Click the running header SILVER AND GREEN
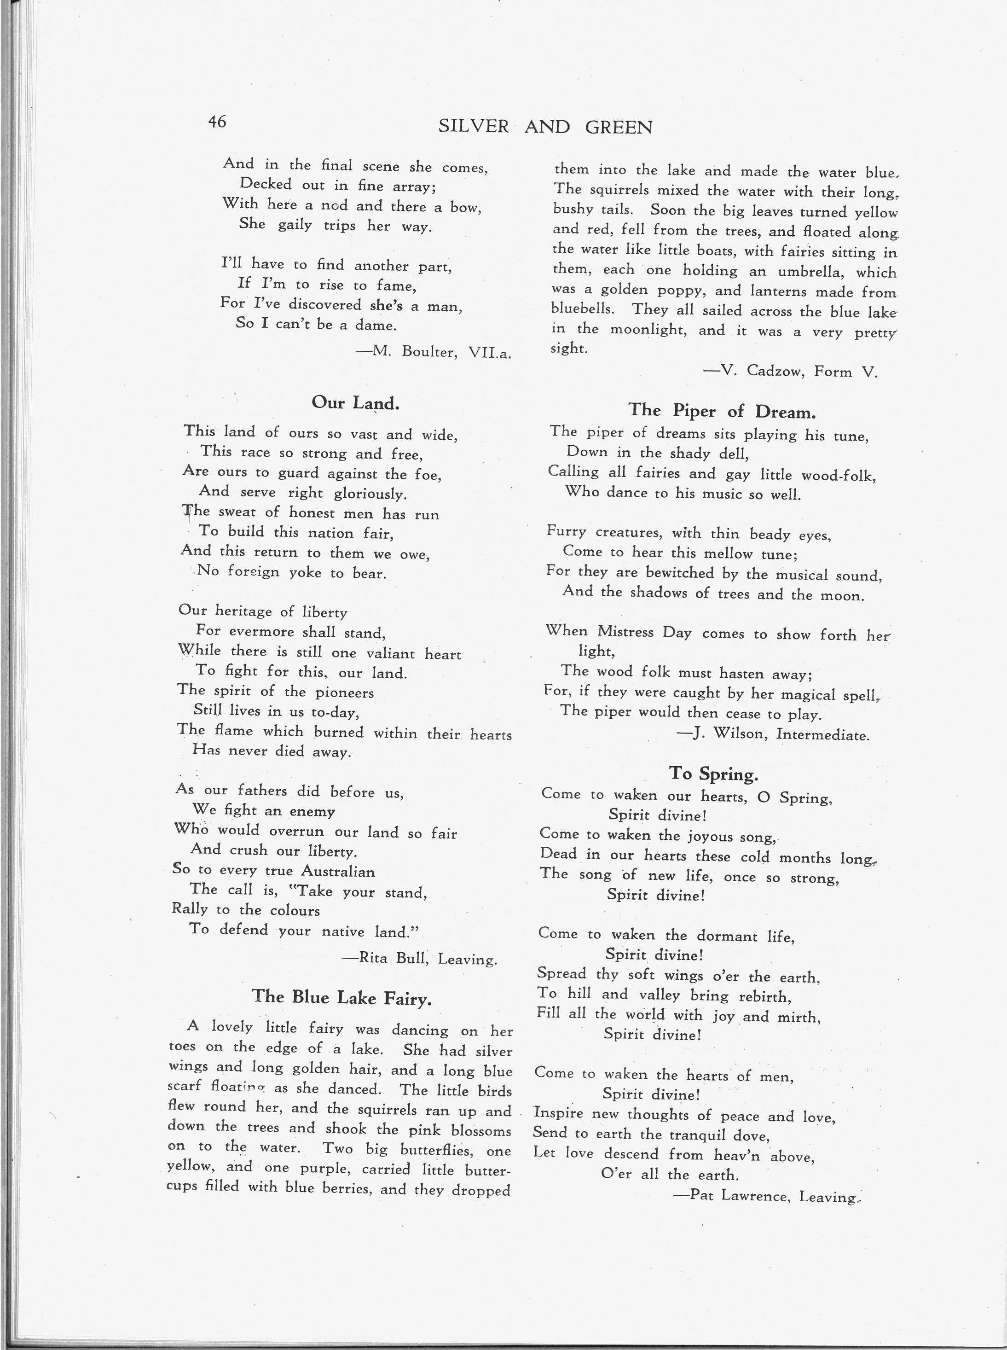click(x=545, y=127)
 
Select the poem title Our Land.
click(x=355, y=402)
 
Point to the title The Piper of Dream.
click(x=721, y=411)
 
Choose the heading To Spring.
click(x=713, y=774)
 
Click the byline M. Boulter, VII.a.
click(x=434, y=352)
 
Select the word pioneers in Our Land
click(x=344, y=692)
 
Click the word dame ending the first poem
click(x=376, y=325)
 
